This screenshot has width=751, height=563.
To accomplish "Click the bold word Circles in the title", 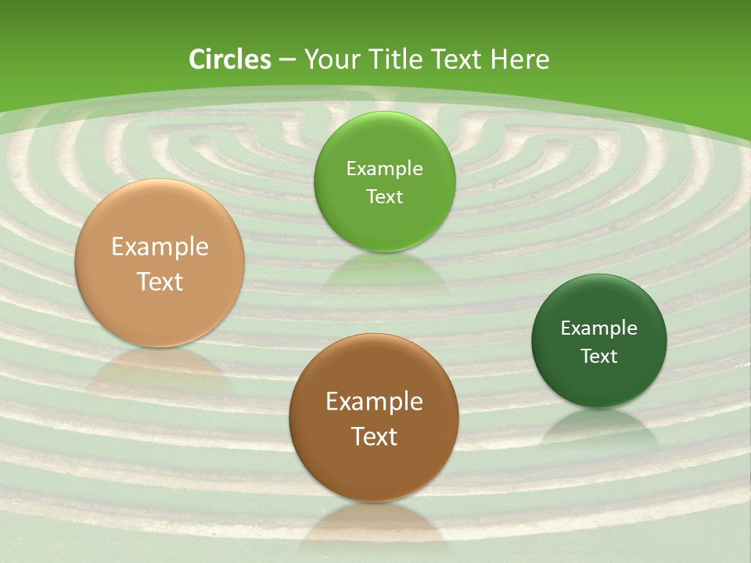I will [x=230, y=59].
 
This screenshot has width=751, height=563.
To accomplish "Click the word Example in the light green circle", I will [x=384, y=168].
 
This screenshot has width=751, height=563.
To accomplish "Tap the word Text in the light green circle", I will [x=384, y=196].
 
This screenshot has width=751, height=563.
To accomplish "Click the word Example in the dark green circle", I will [x=598, y=328].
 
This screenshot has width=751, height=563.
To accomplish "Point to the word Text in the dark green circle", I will [x=598, y=356].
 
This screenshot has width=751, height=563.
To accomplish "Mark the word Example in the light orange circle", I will [x=160, y=246].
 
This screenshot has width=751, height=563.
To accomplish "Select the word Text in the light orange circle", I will [x=160, y=281].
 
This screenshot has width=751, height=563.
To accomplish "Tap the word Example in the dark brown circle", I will [x=374, y=401].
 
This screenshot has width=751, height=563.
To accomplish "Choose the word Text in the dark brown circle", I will [x=374, y=436].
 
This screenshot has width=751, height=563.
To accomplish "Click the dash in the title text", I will [x=286, y=60].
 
